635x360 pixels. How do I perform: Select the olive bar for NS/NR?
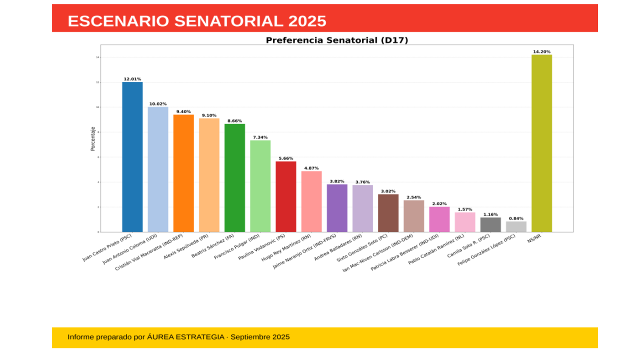541,143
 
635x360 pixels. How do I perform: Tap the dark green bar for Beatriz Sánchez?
234,178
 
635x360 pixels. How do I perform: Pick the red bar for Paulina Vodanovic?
285,196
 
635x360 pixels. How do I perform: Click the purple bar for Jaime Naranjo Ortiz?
337,208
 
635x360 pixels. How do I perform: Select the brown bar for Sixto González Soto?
388,213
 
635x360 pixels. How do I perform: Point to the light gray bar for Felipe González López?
516,226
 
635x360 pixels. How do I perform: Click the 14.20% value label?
541,51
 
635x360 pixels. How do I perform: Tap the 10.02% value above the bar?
158,104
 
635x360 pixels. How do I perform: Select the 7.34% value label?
260,137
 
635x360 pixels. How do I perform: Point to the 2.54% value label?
413,197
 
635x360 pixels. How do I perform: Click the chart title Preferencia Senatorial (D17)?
337,40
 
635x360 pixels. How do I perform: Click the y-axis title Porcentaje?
92,138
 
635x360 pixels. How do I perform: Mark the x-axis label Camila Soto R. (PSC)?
468,247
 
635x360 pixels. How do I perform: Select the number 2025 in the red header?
307,21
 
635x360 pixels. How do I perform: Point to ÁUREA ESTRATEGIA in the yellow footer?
185,337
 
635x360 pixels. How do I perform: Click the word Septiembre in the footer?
251,337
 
